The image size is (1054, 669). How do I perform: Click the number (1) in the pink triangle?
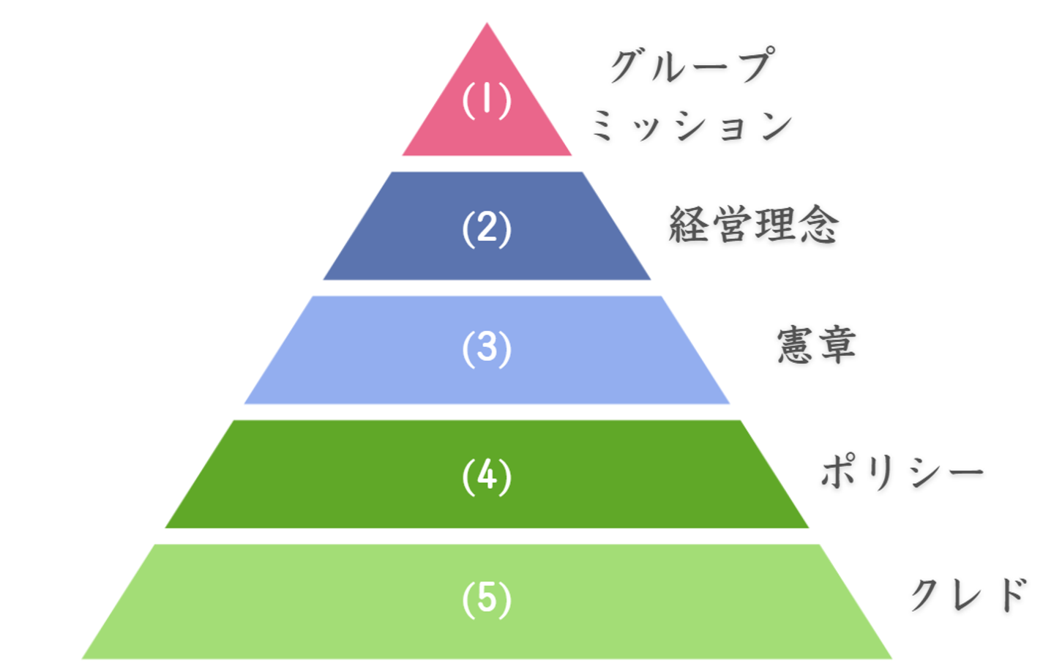pos(487,101)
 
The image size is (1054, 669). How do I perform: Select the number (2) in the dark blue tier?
pos(487,229)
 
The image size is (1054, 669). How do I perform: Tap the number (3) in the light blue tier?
pos(487,349)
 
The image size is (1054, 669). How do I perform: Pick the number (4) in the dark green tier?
pos(487,477)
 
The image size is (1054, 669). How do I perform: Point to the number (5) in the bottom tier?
pos(487,599)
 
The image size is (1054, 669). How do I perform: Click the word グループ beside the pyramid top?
pos(692,65)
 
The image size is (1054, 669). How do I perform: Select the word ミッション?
pos(692,125)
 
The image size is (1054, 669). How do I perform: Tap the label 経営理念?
pos(754,225)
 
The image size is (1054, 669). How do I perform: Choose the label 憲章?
pos(816,345)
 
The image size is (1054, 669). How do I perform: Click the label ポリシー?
pos(902,472)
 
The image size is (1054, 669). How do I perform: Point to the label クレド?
pos(969,594)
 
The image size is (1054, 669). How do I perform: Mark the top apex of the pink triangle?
pos(487,23)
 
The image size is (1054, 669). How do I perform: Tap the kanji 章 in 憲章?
pos(837,345)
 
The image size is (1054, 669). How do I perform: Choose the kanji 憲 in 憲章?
pos(796,345)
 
